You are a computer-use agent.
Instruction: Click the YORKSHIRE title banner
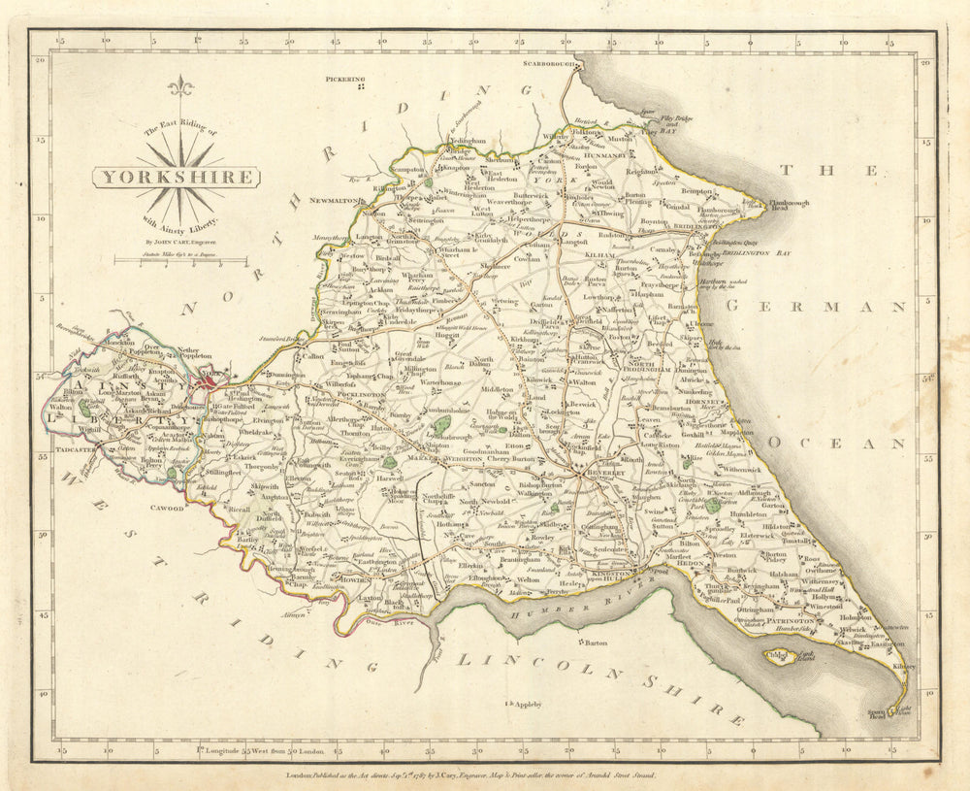tap(177, 177)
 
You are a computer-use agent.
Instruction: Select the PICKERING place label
tap(346, 79)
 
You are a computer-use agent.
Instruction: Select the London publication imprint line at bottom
tap(484, 775)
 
